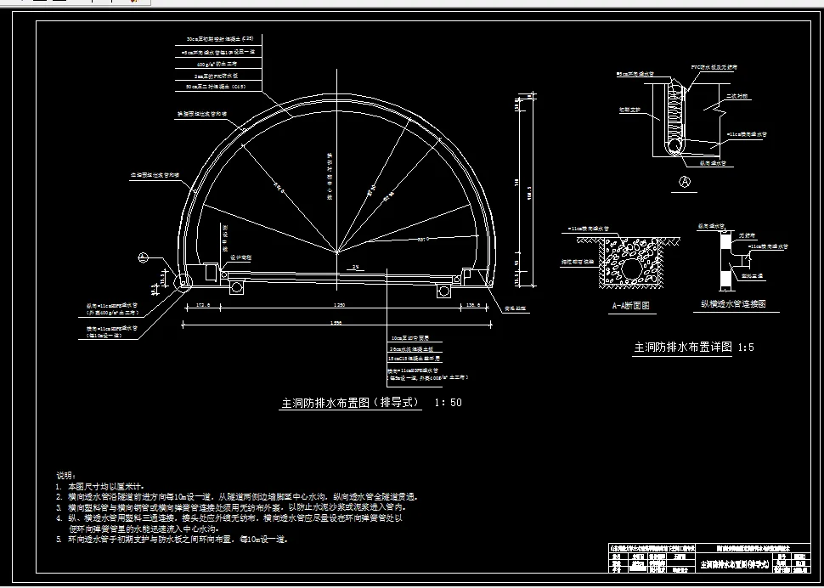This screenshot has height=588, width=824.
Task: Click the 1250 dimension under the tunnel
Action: pyautogui.click(x=340, y=305)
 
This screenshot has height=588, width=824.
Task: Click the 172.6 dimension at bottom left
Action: pyautogui.click(x=202, y=305)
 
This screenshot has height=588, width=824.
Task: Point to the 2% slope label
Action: pyautogui.click(x=357, y=268)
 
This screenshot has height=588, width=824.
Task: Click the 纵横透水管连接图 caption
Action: pyautogui.click(x=731, y=303)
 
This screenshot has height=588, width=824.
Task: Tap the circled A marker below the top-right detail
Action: pyautogui.click(x=684, y=181)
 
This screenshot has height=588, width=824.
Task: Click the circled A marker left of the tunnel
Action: pyautogui.click(x=143, y=257)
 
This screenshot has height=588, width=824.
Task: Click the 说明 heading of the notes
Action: pyautogui.click(x=66, y=475)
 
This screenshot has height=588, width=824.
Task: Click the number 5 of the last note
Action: pyautogui.click(x=59, y=539)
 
